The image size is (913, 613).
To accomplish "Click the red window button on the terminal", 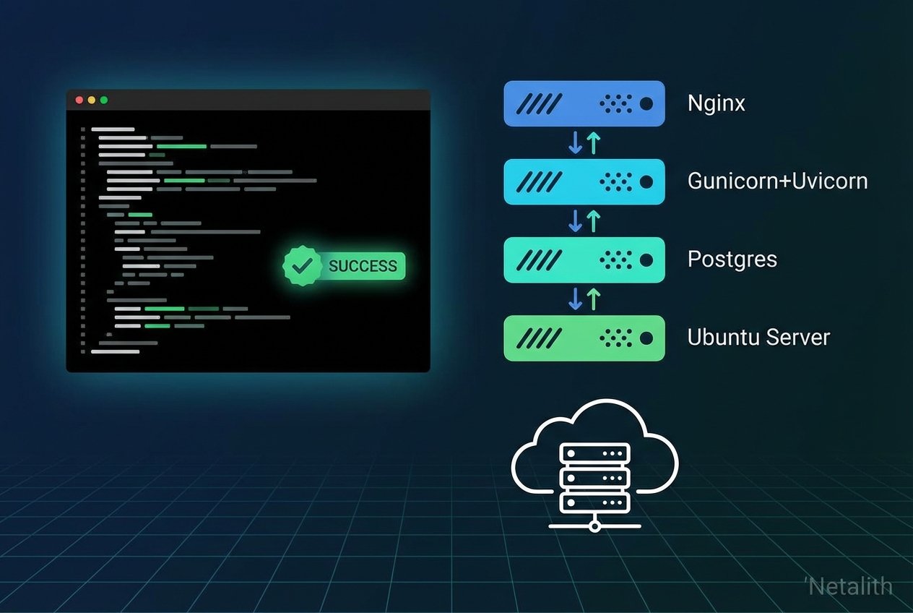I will tap(79, 100).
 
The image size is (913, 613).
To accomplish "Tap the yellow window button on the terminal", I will tap(92, 100).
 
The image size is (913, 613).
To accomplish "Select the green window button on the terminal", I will tap(104, 100).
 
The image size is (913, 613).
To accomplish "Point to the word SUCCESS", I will tap(363, 266).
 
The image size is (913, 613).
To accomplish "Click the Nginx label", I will tap(716, 103).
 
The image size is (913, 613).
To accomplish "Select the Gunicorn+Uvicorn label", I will tap(777, 181).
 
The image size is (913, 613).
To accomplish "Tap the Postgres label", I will tap(732, 259).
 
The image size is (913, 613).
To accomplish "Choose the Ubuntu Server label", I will tap(758, 337).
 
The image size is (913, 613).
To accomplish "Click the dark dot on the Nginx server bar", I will tap(646, 104).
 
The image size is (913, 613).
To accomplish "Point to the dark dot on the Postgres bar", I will tap(646, 260).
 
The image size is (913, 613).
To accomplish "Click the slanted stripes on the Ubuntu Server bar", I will tap(541, 338).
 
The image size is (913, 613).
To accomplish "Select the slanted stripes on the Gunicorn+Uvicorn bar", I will tap(541, 181).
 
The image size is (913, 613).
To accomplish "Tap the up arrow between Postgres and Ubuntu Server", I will tap(593, 299).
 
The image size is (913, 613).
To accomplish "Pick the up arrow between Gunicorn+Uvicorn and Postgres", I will tap(593, 220).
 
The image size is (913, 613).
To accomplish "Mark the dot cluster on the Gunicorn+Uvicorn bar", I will tap(616, 181).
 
